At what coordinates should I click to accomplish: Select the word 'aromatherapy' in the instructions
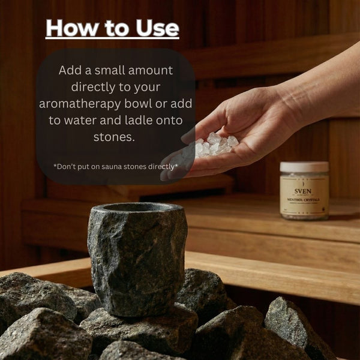click(79, 103)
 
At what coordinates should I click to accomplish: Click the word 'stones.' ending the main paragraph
click(115, 137)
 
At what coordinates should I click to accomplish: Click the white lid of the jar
click(304, 167)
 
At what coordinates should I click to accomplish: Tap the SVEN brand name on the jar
click(304, 185)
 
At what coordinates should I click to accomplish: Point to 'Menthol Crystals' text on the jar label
click(304, 193)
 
